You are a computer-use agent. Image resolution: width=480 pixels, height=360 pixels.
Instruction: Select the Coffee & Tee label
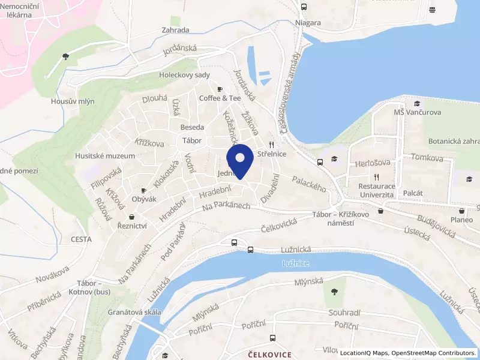pos(220,98)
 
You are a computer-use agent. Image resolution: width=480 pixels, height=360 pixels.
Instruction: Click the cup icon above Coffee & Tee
pos(220,89)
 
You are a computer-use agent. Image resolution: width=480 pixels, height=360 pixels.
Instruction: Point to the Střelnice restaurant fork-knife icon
pos(271,145)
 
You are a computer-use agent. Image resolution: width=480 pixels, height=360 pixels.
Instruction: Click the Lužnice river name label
pos(296,263)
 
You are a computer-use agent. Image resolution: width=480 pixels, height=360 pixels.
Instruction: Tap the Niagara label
pos(308,23)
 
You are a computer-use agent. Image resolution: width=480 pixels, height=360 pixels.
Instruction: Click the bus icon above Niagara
pos(304,7)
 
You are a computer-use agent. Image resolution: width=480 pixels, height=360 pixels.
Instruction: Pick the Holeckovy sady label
pos(184,75)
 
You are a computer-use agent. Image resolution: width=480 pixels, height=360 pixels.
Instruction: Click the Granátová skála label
pos(134,312)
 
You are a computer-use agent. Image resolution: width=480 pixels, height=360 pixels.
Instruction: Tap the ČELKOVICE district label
pos(269,355)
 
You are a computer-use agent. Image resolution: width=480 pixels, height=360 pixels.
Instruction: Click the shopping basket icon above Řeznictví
pos(132,217)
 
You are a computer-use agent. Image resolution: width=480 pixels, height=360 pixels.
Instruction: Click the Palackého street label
pos(309,183)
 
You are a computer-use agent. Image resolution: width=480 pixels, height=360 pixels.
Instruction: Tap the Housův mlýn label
pos(73,101)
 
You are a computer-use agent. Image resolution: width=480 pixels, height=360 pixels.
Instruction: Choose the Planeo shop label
pos(461,220)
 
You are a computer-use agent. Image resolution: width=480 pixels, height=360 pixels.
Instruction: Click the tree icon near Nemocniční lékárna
pos(65,57)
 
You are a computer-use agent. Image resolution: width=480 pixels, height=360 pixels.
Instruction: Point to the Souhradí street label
pos(344,313)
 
